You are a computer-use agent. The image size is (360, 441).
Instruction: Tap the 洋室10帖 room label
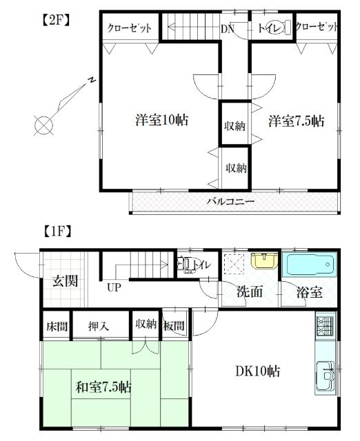162,120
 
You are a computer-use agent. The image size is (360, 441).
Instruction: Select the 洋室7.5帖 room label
296,121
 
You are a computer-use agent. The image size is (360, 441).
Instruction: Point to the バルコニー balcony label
231,202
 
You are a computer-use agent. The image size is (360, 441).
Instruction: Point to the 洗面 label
249,291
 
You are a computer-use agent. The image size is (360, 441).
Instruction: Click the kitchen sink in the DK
324,376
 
